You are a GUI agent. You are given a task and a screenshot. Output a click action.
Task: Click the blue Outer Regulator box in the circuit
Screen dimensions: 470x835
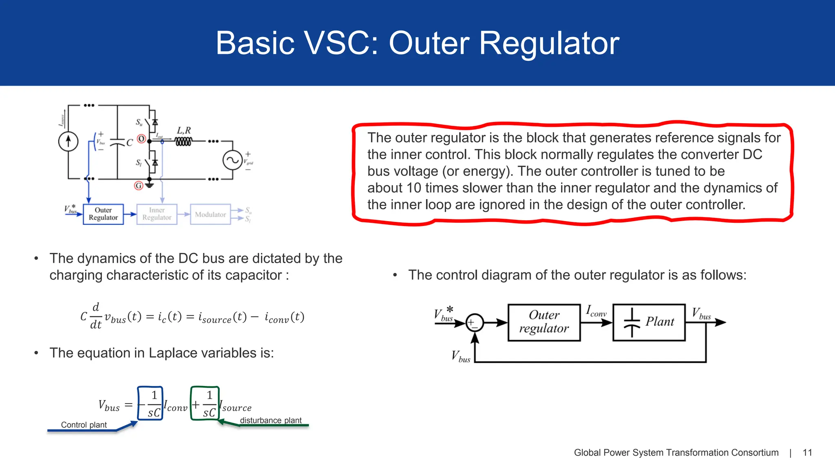pyautogui.click(x=103, y=214)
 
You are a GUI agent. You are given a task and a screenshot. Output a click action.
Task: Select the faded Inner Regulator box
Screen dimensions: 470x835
pyautogui.click(x=157, y=214)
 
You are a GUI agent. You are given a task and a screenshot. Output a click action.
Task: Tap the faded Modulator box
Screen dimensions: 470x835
pyautogui.click(x=210, y=215)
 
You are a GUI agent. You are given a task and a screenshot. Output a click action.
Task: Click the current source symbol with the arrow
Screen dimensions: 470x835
pyautogui.click(x=68, y=142)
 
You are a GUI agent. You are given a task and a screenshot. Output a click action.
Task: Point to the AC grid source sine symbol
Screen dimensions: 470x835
pyautogui.click(x=232, y=160)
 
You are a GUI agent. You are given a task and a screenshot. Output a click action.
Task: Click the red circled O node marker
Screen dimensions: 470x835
pyautogui.click(x=141, y=139)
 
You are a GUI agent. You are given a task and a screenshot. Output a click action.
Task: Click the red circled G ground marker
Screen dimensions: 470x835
pyautogui.click(x=139, y=186)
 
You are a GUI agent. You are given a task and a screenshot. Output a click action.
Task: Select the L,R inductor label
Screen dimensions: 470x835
pyautogui.click(x=183, y=131)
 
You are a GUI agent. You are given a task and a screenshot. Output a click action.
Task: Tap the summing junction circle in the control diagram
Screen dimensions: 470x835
pyautogui.click(x=475, y=323)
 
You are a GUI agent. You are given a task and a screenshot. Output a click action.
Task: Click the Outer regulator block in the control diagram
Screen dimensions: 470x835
pyautogui.click(x=544, y=322)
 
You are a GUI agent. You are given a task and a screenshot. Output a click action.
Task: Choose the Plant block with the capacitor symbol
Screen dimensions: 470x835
pyautogui.click(x=649, y=322)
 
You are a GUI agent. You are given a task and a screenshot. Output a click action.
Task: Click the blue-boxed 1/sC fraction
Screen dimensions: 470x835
pyautogui.click(x=150, y=404)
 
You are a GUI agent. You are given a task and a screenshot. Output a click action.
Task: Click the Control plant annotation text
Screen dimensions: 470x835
pyautogui.click(x=84, y=425)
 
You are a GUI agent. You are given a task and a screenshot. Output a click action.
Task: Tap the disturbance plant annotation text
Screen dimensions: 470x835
pyautogui.click(x=271, y=420)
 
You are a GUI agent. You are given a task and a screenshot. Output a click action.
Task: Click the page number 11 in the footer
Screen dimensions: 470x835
pyautogui.click(x=807, y=452)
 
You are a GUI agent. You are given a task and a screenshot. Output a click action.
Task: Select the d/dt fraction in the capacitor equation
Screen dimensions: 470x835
pyautogui.click(x=96, y=316)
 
